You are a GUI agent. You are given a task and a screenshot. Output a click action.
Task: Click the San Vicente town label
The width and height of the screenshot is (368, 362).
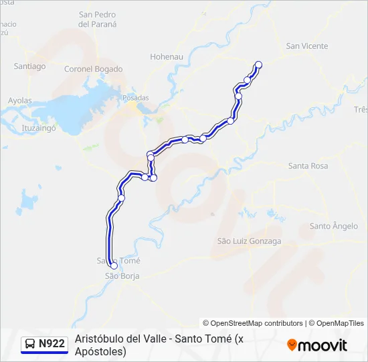pos(306,46)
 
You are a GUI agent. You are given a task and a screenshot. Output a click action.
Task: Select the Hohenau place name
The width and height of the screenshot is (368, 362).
pos(167,57)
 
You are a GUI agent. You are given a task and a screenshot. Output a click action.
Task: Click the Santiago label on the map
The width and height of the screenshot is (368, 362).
pos(29,66)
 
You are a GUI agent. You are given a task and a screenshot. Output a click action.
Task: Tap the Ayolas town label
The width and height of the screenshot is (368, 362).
pos(19,101)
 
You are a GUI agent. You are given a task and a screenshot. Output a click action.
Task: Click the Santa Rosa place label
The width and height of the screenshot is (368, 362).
pos(308,166)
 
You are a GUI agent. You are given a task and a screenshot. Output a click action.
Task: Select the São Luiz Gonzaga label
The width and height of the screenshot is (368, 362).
pos(249,241)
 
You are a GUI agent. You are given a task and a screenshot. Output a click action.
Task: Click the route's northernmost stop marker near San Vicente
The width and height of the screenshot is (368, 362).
pos(258,65)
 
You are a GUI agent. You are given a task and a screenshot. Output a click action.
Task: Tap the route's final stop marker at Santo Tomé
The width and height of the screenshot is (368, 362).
pos(114,265)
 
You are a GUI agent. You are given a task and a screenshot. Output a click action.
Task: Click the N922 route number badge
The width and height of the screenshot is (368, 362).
pos(52,344)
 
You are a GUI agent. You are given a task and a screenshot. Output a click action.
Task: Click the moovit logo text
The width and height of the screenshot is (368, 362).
pos(323,345)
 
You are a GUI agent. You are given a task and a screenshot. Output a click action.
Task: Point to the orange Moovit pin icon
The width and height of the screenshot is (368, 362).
pos(292,345)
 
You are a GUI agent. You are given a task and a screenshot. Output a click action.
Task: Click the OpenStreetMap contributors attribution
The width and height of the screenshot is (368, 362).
pos(253,323)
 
